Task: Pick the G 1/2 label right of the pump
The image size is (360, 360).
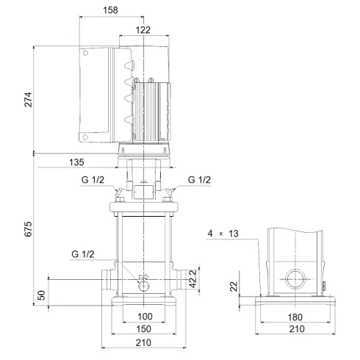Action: (199, 179)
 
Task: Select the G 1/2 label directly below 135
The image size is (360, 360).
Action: (93, 179)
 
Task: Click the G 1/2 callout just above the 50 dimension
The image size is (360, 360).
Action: (82, 255)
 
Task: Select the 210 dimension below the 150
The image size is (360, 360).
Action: (143, 343)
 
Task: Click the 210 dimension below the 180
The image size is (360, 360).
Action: (297, 329)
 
